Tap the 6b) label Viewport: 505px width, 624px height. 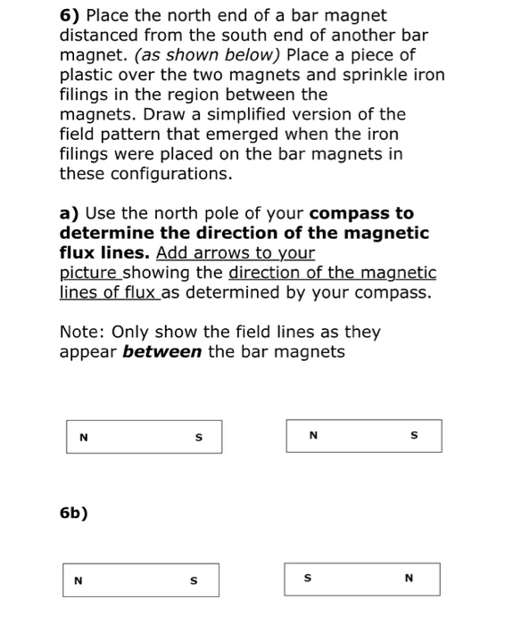[74, 513]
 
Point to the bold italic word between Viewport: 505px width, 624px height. [161, 352]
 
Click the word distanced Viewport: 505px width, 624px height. [97, 36]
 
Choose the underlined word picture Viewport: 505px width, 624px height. [89, 273]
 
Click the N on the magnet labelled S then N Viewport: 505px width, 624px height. [409, 579]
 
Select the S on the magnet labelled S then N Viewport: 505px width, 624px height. [308, 579]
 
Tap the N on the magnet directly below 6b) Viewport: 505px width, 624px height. [79, 580]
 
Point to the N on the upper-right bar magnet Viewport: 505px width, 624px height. [311, 436]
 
